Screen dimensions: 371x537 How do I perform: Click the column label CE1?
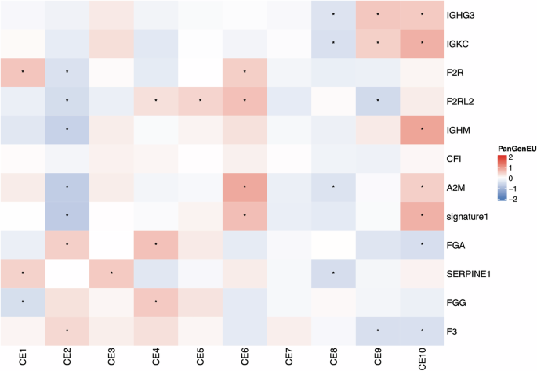(x=23, y=358)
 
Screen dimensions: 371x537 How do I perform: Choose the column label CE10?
(x=423, y=359)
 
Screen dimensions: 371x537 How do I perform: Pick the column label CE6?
(x=245, y=358)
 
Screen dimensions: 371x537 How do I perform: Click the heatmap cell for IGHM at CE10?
(x=423, y=130)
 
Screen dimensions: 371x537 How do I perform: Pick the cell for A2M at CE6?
(x=245, y=187)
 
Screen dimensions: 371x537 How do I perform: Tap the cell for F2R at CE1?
(x=23, y=72)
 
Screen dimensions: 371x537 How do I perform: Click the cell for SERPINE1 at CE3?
(x=111, y=273)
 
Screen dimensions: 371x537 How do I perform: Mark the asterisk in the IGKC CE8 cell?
(x=334, y=43)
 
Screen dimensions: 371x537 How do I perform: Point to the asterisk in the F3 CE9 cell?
(x=379, y=330)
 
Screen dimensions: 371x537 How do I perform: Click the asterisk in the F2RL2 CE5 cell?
(x=201, y=101)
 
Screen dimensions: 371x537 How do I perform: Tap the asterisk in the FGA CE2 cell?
(x=67, y=244)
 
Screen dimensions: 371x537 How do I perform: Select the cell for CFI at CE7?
(x=289, y=158)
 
